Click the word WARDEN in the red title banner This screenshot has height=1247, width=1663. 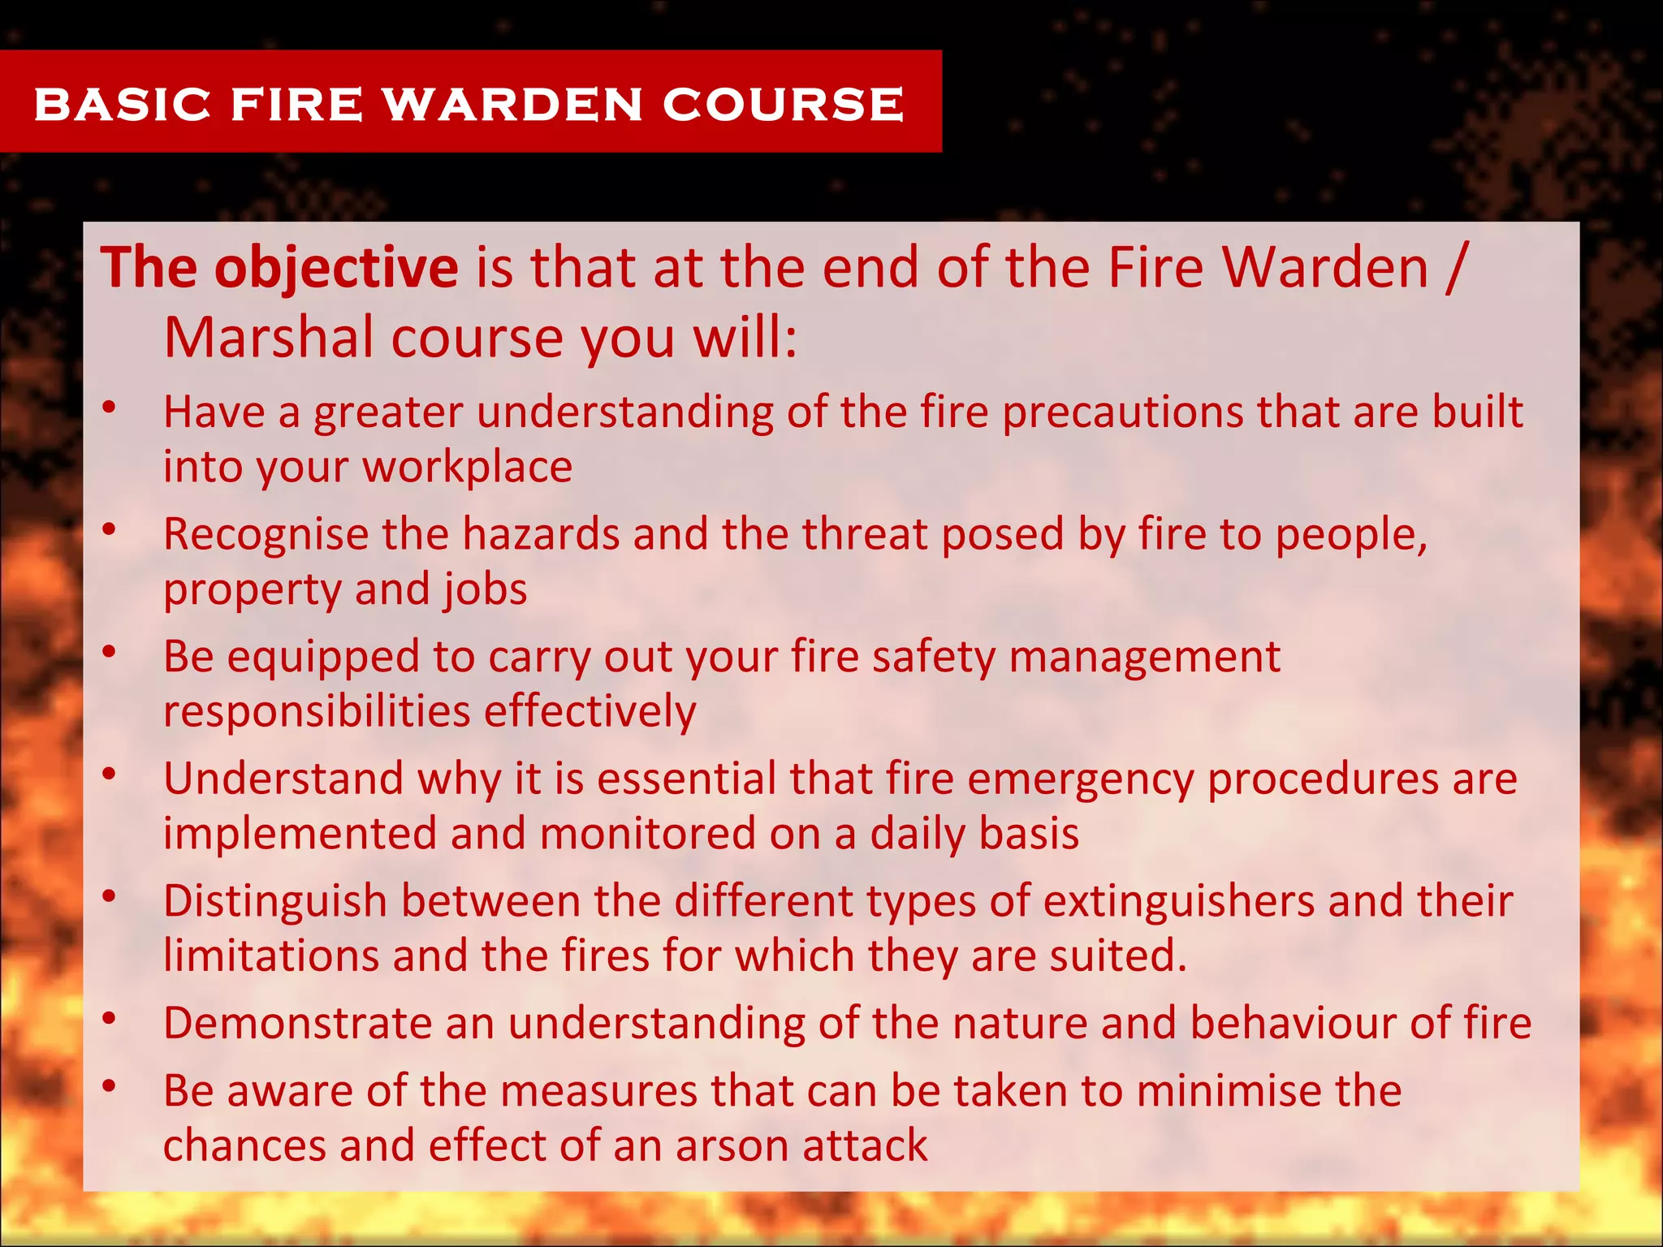[513, 105]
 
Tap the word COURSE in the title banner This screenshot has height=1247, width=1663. [783, 105]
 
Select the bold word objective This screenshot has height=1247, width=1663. [335, 268]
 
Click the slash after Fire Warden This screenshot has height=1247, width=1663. [1457, 268]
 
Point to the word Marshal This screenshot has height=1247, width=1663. [268, 338]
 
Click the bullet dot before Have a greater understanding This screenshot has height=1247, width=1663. [110, 407]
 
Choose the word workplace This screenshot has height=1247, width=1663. [467, 467]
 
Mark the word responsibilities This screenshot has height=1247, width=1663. [317, 712]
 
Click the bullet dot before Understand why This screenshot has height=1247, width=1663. [110, 774]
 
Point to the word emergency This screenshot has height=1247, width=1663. [1080, 780]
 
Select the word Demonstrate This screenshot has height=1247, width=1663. [297, 1023]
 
